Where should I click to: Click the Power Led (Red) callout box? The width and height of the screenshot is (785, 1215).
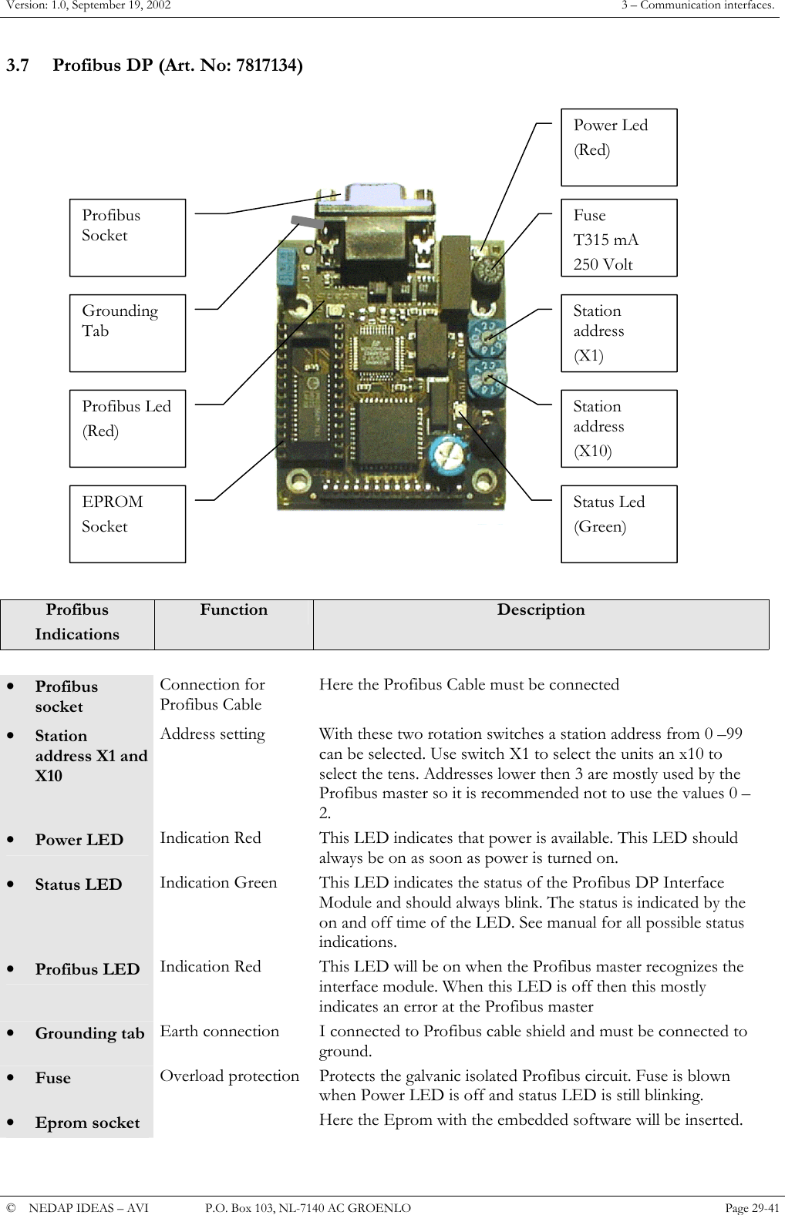coord(618,147)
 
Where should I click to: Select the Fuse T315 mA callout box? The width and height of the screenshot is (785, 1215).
coord(618,238)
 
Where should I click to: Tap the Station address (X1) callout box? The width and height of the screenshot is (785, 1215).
coord(618,333)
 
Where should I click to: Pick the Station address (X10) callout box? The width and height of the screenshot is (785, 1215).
coord(618,428)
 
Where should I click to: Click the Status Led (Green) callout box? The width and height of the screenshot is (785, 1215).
coord(618,524)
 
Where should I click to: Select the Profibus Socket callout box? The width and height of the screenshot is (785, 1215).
coord(127,238)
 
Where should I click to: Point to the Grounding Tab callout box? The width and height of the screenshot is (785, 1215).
coord(127,333)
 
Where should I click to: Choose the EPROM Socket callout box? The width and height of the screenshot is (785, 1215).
coord(127,524)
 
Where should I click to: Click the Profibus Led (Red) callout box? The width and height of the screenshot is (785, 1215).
coord(127,428)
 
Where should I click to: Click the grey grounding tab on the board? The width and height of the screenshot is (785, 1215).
coord(307,221)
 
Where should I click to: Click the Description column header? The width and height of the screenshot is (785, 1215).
coord(541,610)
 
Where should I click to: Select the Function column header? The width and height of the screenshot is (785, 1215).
coord(234,610)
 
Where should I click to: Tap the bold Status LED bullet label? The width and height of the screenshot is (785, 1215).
coord(79,885)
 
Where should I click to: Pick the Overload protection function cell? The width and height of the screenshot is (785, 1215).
coord(229,1076)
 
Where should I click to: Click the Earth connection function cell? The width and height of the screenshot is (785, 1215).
coord(219,1032)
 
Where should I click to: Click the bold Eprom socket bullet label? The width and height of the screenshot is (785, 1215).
coord(87,1123)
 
